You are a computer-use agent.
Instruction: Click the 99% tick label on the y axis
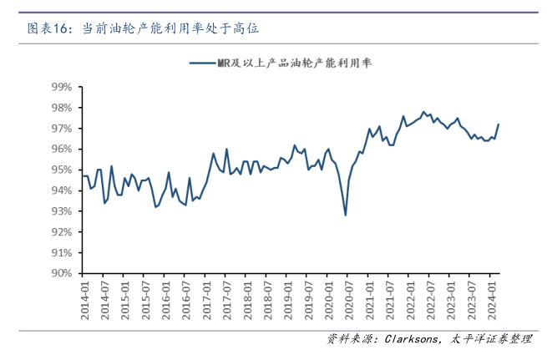click(62, 87)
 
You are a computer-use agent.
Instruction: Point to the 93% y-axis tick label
click(62, 211)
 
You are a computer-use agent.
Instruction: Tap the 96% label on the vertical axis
click(62, 149)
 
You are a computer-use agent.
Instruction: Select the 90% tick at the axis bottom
click(62, 273)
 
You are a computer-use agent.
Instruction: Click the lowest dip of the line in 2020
click(346, 215)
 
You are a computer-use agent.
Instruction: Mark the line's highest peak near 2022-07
click(424, 111)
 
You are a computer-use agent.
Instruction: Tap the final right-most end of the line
click(499, 124)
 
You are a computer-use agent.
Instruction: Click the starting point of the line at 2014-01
click(83, 175)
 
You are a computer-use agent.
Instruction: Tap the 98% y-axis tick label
click(62, 108)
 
